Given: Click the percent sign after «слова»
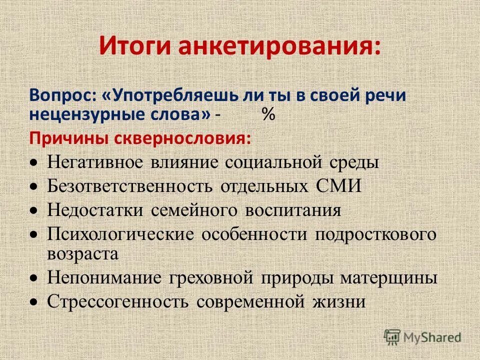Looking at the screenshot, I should pos(268,114).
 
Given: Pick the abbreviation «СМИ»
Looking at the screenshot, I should pos(337,186).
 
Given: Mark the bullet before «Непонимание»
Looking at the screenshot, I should pos(33,278).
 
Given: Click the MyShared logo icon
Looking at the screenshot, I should pos(392,337).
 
